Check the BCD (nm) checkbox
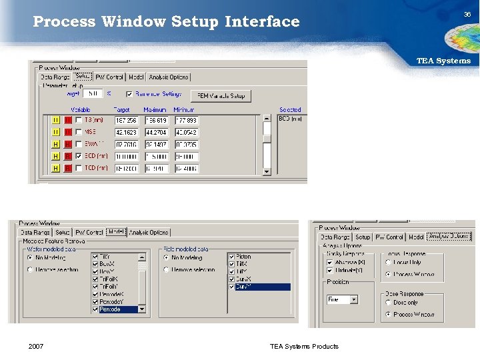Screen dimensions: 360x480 [x=79, y=156]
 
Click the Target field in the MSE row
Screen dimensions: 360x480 [x=126, y=132]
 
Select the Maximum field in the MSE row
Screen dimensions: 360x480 [x=156, y=132]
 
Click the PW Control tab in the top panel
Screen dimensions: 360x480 [x=109, y=77]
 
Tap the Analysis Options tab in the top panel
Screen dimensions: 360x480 [x=169, y=77]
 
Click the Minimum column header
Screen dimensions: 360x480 [x=183, y=109]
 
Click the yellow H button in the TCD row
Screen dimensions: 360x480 [x=56, y=168]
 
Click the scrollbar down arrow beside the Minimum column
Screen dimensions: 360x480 [x=267, y=171]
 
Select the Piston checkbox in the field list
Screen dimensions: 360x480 [x=231, y=257]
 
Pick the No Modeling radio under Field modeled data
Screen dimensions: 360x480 [x=167, y=257]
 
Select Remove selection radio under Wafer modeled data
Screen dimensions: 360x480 [x=31, y=270]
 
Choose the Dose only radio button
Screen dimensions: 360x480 [x=388, y=302]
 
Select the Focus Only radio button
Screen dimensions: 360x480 [x=388, y=262]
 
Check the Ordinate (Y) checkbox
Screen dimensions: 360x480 [x=330, y=270]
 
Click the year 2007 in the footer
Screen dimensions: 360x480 [x=36, y=346]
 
